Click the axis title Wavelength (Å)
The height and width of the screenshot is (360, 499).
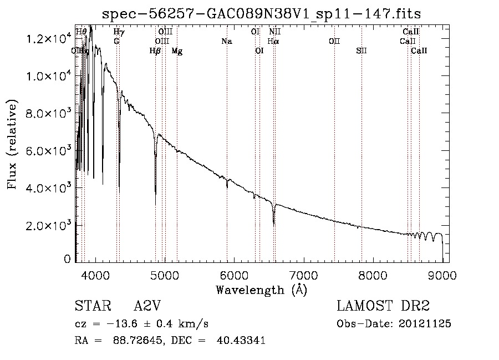(x=261, y=290)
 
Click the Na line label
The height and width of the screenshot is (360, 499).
(x=226, y=41)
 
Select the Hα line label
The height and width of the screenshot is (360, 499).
(x=273, y=41)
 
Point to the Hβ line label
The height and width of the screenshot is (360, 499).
(x=155, y=51)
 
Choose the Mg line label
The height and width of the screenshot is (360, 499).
(x=177, y=51)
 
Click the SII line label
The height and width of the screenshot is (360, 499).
(x=361, y=51)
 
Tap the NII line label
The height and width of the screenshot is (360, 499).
(x=275, y=32)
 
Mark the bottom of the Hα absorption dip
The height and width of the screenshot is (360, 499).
(x=274, y=224)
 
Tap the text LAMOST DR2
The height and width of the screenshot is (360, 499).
(x=383, y=306)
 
